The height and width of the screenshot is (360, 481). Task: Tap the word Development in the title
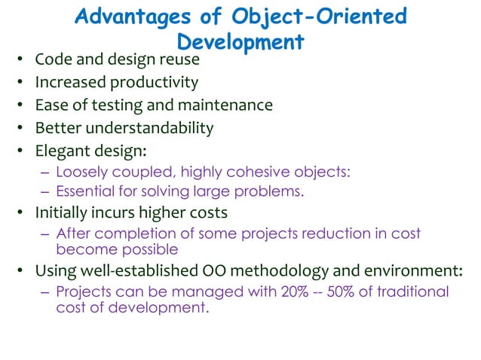240,41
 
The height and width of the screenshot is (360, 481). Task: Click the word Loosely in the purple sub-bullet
81,172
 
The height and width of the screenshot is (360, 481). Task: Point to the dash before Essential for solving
44,191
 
